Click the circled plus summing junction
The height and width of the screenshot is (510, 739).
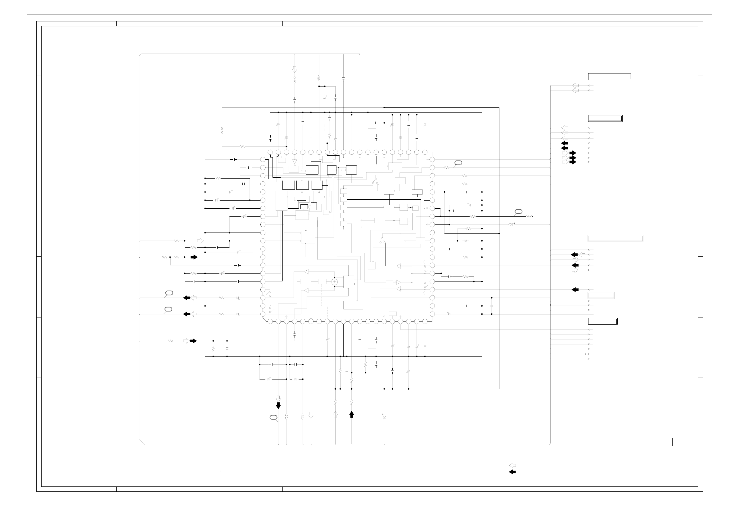[x=334, y=282]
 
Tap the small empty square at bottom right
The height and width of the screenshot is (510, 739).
[x=667, y=442]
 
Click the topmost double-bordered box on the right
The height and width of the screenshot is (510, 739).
[x=609, y=76]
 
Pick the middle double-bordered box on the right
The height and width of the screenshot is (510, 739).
[x=605, y=118]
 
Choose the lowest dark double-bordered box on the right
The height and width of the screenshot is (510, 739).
[x=603, y=321]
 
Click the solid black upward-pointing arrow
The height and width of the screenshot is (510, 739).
[x=352, y=415]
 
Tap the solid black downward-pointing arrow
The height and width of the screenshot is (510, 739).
[x=278, y=406]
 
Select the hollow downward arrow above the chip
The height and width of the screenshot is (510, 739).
[x=295, y=69]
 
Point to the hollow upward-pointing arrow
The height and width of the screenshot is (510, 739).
[x=335, y=415]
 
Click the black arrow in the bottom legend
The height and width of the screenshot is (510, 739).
[x=512, y=472]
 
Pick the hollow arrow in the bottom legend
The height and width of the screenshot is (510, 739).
[x=512, y=466]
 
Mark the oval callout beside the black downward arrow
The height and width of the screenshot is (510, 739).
[x=273, y=417]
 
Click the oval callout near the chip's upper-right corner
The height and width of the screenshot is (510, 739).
[x=458, y=163]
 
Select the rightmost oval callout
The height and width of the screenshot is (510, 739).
[x=518, y=211]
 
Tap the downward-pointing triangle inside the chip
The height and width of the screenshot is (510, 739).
[x=295, y=162]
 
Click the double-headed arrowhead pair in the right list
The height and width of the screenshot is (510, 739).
[x=587, y=354]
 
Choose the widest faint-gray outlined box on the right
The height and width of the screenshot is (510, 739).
[x=615, y=238]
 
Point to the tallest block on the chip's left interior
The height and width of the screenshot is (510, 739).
[x=281, y=201]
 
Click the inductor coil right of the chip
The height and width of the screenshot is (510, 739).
[x=511, y=225]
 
